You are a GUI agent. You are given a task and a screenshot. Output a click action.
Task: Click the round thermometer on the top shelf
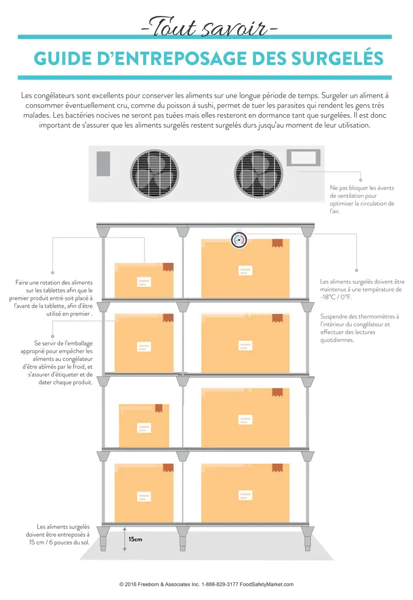239,240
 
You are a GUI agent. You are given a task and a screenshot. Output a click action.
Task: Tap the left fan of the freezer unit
154,173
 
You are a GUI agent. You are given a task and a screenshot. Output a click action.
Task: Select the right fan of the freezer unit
259,173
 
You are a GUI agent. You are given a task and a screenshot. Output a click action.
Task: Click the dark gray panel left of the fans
103,164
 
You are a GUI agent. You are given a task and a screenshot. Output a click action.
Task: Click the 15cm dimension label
135,539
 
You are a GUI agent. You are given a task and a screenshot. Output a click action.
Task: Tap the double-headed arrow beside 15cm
124,539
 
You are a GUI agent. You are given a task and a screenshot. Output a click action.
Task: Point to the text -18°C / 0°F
336,297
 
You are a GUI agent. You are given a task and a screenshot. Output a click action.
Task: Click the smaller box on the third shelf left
144,425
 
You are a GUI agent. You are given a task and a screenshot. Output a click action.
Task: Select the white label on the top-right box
245,270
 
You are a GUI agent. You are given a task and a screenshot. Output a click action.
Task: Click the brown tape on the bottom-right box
277,467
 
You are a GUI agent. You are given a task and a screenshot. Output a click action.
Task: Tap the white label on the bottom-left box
144,497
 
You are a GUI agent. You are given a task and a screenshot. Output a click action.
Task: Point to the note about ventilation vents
361,199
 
